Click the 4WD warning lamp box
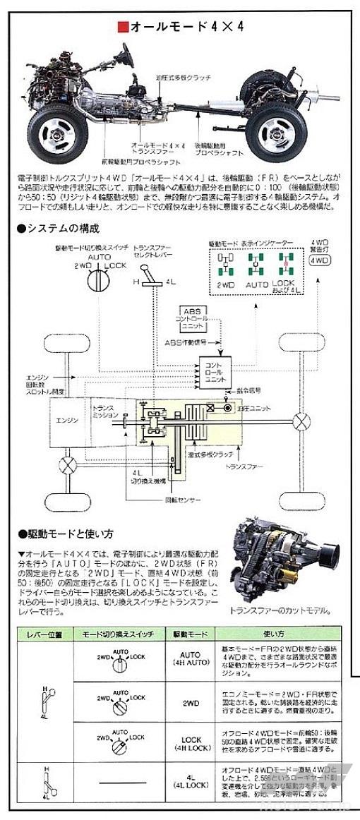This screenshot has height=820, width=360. (x=320, y=260)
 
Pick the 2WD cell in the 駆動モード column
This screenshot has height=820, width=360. (x=191, y=704)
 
